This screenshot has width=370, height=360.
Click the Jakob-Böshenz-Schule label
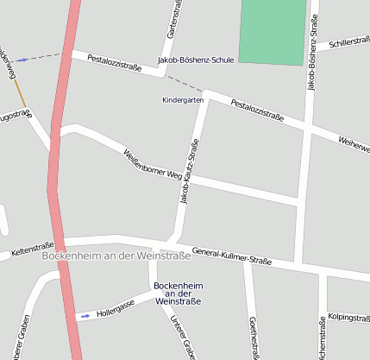click(x=196, y=60)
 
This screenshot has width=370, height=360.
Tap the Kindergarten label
click(x=183, y=100)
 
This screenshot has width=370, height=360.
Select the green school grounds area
click(x=273, y=31)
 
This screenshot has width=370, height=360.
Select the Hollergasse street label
click(x=116, y=310)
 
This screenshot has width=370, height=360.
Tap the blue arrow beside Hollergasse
click(x=85, y=316)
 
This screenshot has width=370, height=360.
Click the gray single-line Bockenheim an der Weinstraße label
click(x=116, y=256)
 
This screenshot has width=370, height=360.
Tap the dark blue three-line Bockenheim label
click(x=177, y=293)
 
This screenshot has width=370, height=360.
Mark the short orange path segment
click(x=18, y=92)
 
